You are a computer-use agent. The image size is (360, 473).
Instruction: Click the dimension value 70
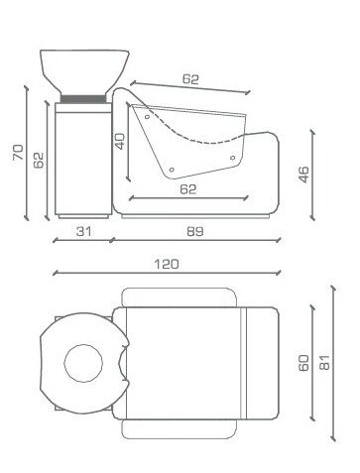coord(18,152)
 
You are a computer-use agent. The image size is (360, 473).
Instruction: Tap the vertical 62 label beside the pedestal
coord(39,160)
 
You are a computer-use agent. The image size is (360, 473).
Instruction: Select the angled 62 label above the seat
coord(190,79)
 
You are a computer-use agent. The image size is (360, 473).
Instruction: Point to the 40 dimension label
coord(120,141)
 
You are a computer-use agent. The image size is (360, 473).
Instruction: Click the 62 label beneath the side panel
coord(188,189)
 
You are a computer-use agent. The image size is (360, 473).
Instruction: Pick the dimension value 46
coord(303,175)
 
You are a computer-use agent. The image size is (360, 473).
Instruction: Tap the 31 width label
coord(83,231)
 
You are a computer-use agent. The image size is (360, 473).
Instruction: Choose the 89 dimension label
coord(195,231)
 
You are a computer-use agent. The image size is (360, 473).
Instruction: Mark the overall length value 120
coord(167,264)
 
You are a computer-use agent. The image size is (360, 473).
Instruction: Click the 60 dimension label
coord(303,363)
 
